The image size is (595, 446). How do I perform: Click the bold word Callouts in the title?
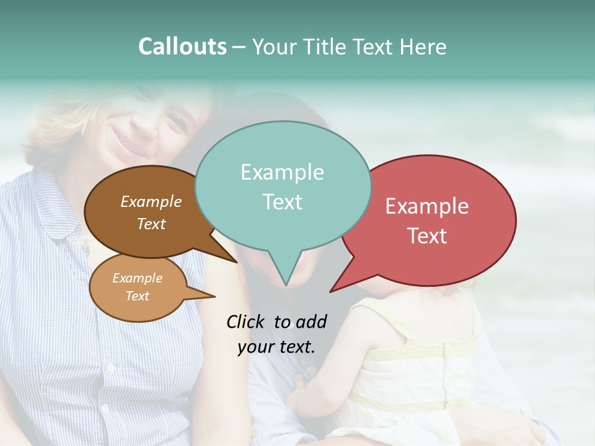click(182, 46)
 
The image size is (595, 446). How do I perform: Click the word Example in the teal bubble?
click(282, 172)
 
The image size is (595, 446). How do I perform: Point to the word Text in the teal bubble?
click(282, 202)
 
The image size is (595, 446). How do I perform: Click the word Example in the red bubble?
click(427, 206)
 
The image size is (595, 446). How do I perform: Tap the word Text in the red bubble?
click(427, 236)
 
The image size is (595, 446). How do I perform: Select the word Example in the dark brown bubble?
click(151, 201)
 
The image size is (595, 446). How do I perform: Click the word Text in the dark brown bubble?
click(151, 224)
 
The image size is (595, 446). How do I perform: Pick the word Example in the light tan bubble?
click(137, 278)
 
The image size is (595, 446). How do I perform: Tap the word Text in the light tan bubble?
click(137, 296)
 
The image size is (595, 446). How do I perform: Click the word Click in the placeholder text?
click(245, 321)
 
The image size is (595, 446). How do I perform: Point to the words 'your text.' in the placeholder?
click(276, 346)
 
